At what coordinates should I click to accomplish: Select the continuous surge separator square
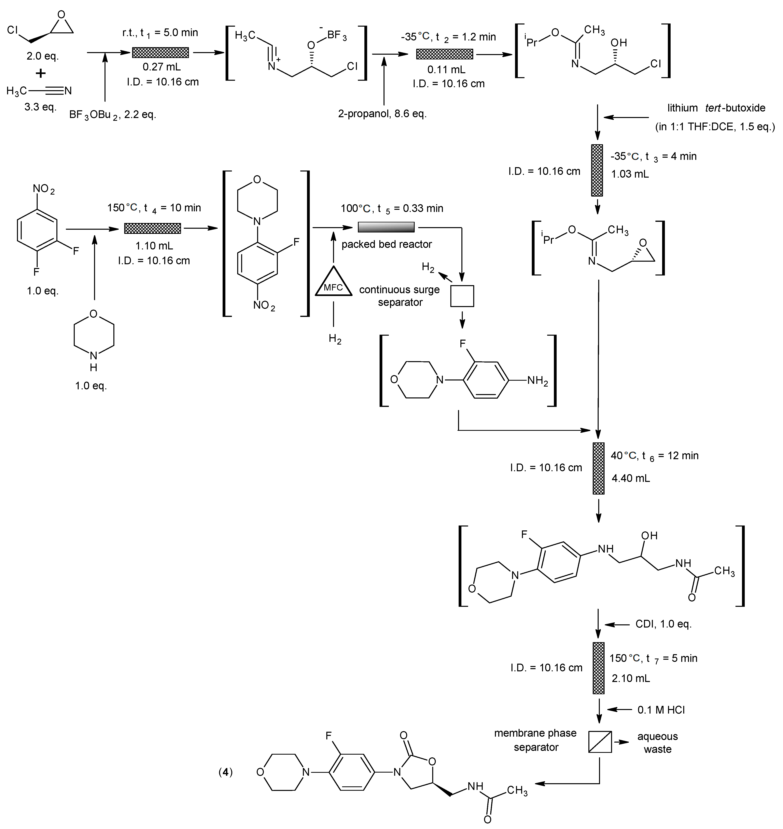click(x=462, y=296)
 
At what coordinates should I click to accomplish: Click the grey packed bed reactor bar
click(x=386, y=227)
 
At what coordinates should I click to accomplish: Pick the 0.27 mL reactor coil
click(x=160, y=53)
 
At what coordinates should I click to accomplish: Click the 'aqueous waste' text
click(x=657, y=743)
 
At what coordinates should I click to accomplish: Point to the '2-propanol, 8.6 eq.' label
click(x=382, y=114)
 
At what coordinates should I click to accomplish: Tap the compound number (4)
click(x=225, y=772)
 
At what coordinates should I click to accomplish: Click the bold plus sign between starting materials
click(x=40, y=73)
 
